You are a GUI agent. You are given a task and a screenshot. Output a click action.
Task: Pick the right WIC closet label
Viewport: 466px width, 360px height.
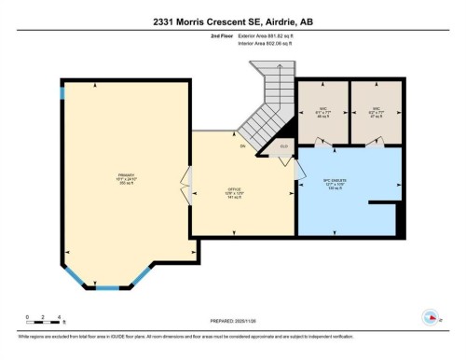(x=377, y=109)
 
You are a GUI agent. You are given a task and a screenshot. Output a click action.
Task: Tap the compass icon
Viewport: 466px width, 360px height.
(x=431, y=316)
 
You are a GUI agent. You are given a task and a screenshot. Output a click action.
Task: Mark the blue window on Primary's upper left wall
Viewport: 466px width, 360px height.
(x=62, y=92)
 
